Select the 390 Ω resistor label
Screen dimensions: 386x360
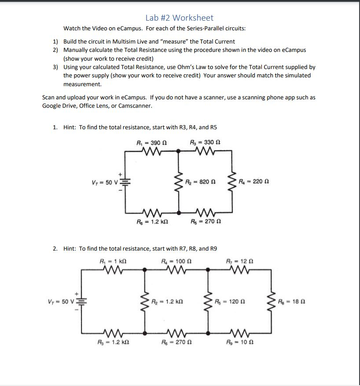pyautogui.click(x=151, y=143)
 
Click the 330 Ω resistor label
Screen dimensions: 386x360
pyautogui.click(x=205, y=143)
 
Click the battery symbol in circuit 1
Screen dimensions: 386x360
pyautogui.click(x=124, y=182)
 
